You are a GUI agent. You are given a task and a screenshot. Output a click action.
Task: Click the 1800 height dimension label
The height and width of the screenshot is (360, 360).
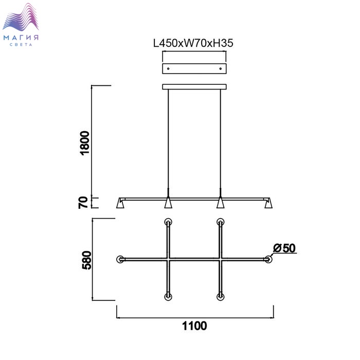tap(84, 143)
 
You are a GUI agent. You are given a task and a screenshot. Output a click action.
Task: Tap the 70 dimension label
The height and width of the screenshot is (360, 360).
tap(83, 203)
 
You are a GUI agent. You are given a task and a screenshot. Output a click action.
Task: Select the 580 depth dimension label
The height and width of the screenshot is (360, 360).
tap(86, 260)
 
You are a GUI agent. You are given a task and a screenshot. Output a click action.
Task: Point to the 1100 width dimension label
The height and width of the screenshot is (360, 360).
tap(194, 326)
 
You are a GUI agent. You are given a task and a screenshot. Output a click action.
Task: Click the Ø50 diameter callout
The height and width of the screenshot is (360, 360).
tap(284, 248)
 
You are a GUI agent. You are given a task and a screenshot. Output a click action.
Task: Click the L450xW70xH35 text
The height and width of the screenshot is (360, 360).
tap(193, 43)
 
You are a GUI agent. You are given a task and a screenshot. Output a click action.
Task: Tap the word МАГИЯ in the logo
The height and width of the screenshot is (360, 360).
tap(21, 38)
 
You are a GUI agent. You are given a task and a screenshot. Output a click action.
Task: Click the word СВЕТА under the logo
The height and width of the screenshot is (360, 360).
tap(21, 45)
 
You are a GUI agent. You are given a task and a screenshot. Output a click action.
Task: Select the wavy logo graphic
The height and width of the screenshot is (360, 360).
tap(21, 17)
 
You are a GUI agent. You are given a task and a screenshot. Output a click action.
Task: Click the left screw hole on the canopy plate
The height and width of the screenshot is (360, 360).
tap(168, 68)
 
